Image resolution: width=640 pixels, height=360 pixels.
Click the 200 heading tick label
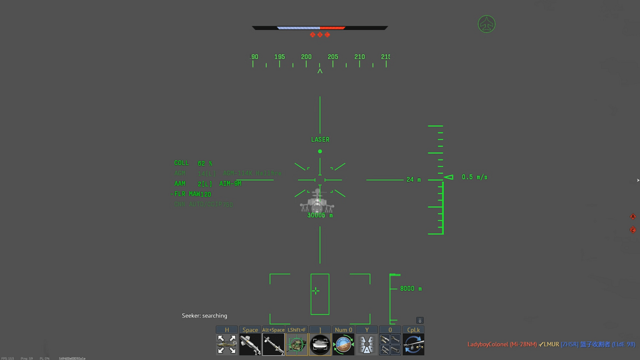tap(306, 57)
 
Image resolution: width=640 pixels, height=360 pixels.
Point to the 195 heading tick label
tap(279, 57)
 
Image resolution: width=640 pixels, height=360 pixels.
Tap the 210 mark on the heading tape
tap(359, 57)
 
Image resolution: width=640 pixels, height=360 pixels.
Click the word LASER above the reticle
tap(320, 139)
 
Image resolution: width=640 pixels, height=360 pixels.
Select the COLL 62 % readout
tap(193, 163)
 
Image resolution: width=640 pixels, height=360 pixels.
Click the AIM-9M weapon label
tap(230, 184)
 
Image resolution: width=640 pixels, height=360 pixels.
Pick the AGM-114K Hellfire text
tap(252, 173)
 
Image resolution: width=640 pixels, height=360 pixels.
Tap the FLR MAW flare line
tap(192, 194)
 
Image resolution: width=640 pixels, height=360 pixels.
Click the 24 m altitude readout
tap(414, 180)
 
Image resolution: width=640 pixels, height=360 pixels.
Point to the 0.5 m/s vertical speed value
tap(474, 177)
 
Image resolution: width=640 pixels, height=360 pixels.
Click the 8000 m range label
tap(411, 289)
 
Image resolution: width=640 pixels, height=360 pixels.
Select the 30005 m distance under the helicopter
tap(320, 216)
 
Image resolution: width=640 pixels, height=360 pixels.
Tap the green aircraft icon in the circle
tap(486, 24)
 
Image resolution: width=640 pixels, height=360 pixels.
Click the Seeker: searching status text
tap(204, 316)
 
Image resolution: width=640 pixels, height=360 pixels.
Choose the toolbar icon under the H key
tap(226, 344)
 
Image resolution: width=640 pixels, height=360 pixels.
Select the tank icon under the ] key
tap(320, 344)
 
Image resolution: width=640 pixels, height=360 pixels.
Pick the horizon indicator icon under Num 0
tap(343, 344)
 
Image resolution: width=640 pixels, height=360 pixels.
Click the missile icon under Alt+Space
tap(273, 344)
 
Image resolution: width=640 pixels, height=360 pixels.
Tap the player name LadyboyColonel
tap(487, 344)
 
